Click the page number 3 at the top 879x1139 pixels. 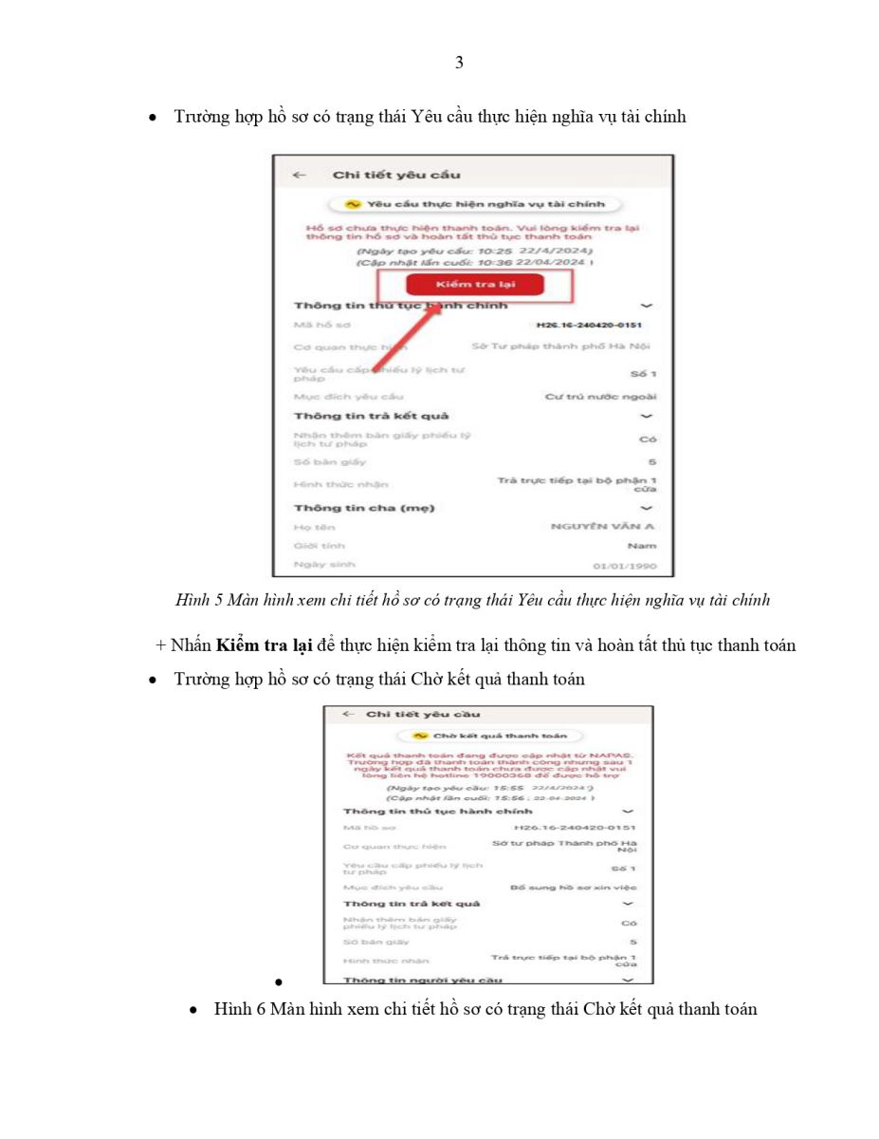pyautogui.click(x=459, y=63)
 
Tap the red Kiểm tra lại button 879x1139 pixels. pyautogui.click(x=462, y=285)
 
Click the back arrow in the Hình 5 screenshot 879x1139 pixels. pyautogui.click(x=299, y=175)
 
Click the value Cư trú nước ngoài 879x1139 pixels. pyautogui.click(x=600, y=396)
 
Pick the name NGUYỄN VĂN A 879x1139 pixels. pyautogui.click(x=604, y=527)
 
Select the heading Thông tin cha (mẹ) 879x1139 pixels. pyautogui.click(x=363, y=508)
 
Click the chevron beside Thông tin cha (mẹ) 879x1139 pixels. pyautogui.click(x=647, y=508)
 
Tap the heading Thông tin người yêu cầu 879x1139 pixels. pyautogui.click(x=423, y=979)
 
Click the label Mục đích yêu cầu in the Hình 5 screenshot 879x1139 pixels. pyautogui.click(x=334, y=396)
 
